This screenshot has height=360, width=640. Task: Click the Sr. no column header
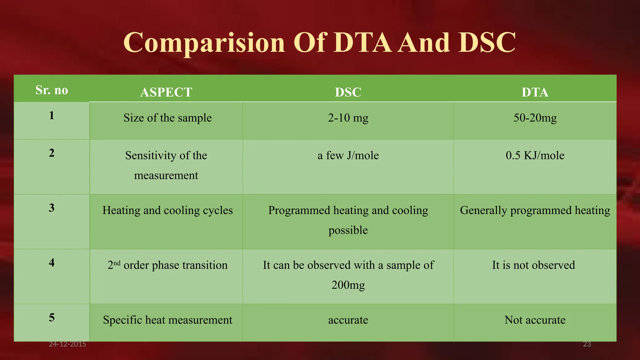point(52,90)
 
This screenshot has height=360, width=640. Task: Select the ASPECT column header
point(166,92)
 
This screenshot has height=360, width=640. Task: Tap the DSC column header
point(348,92)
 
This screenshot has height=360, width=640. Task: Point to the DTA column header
point(535,92)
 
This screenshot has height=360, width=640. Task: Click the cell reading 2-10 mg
point(348,118)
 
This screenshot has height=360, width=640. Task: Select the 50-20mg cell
point(535,118)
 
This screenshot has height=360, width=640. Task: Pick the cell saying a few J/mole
point(348,155)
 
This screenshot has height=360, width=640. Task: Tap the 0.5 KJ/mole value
point(535,155)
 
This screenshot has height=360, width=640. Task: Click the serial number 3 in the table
point(52,208)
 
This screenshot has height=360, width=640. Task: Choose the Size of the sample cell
point(167,118)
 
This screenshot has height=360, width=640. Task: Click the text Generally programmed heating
point(535,210)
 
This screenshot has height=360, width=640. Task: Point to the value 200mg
point(348,285)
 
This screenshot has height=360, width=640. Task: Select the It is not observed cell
point(533,265)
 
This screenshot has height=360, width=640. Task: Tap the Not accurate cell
point(535,320)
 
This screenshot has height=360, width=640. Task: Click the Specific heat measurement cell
point(167,320)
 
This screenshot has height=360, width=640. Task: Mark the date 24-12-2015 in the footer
point(67,344)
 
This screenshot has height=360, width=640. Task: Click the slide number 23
point(587,344)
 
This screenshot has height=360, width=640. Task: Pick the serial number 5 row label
point(52,317)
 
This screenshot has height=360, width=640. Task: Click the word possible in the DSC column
point(348,230)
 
